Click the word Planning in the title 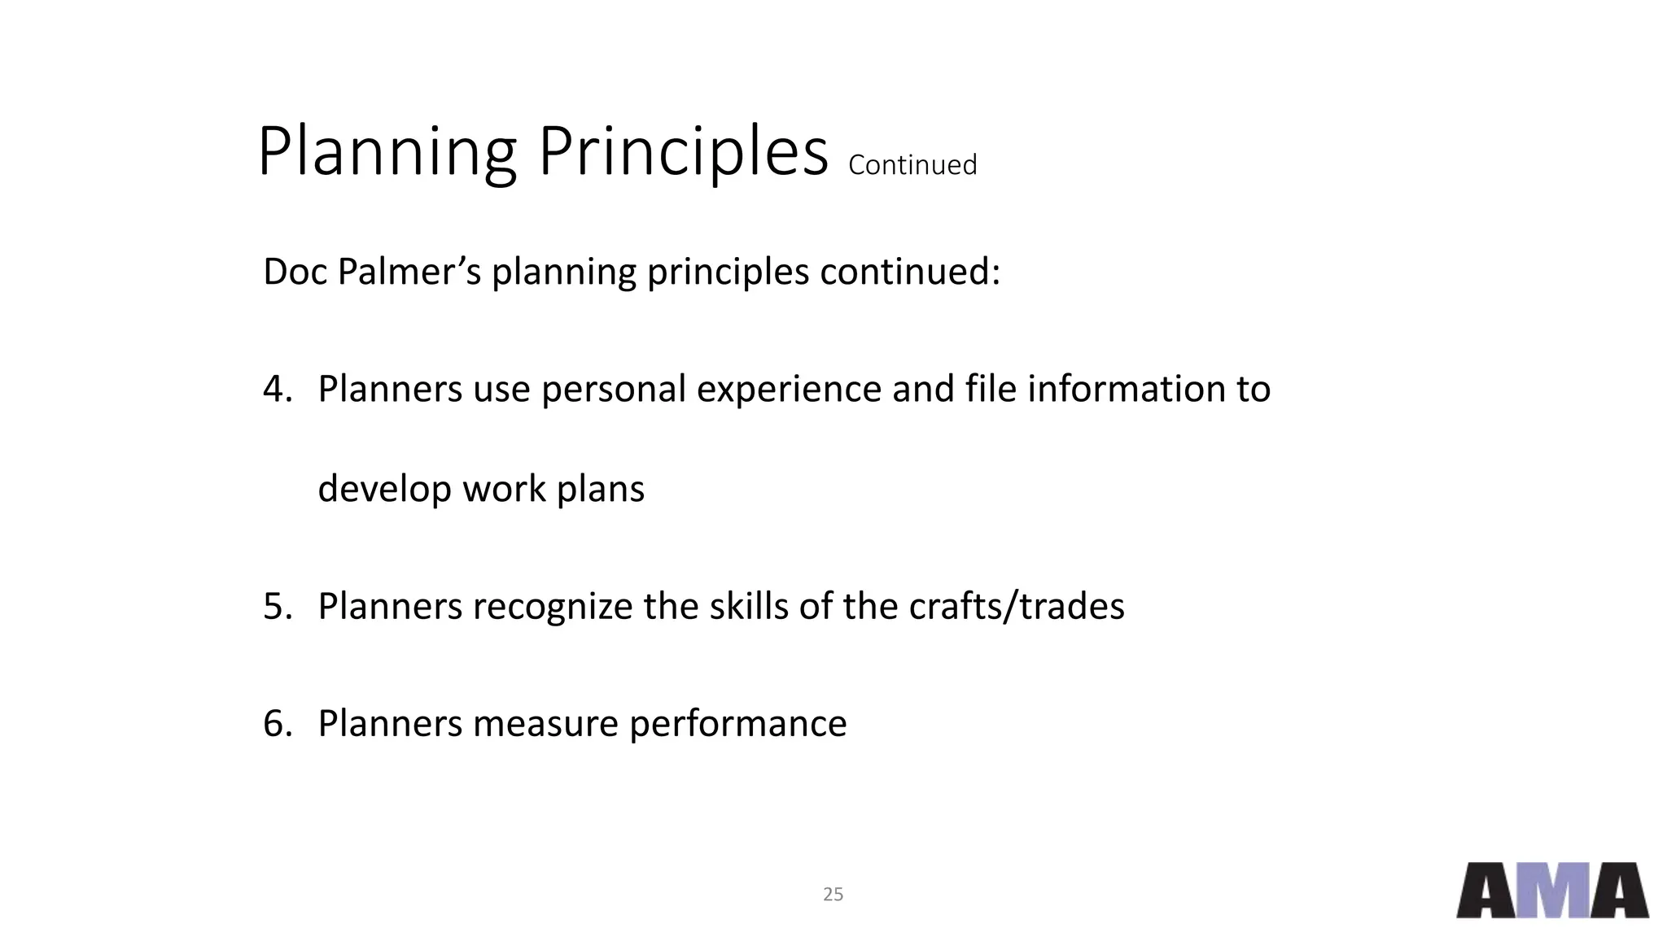pos(387,153)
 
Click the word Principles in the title pos(683,153)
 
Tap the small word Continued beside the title pos(912,165)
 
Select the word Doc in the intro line pos(295,272)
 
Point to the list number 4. pos(277,389)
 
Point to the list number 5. pos(277,606)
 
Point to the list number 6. pos(277,723)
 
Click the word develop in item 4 pos(384,489)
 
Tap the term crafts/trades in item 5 pos(1016,606)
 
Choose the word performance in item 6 pos(737,723)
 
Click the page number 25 pos(833,895)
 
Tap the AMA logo pos(1552,891)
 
